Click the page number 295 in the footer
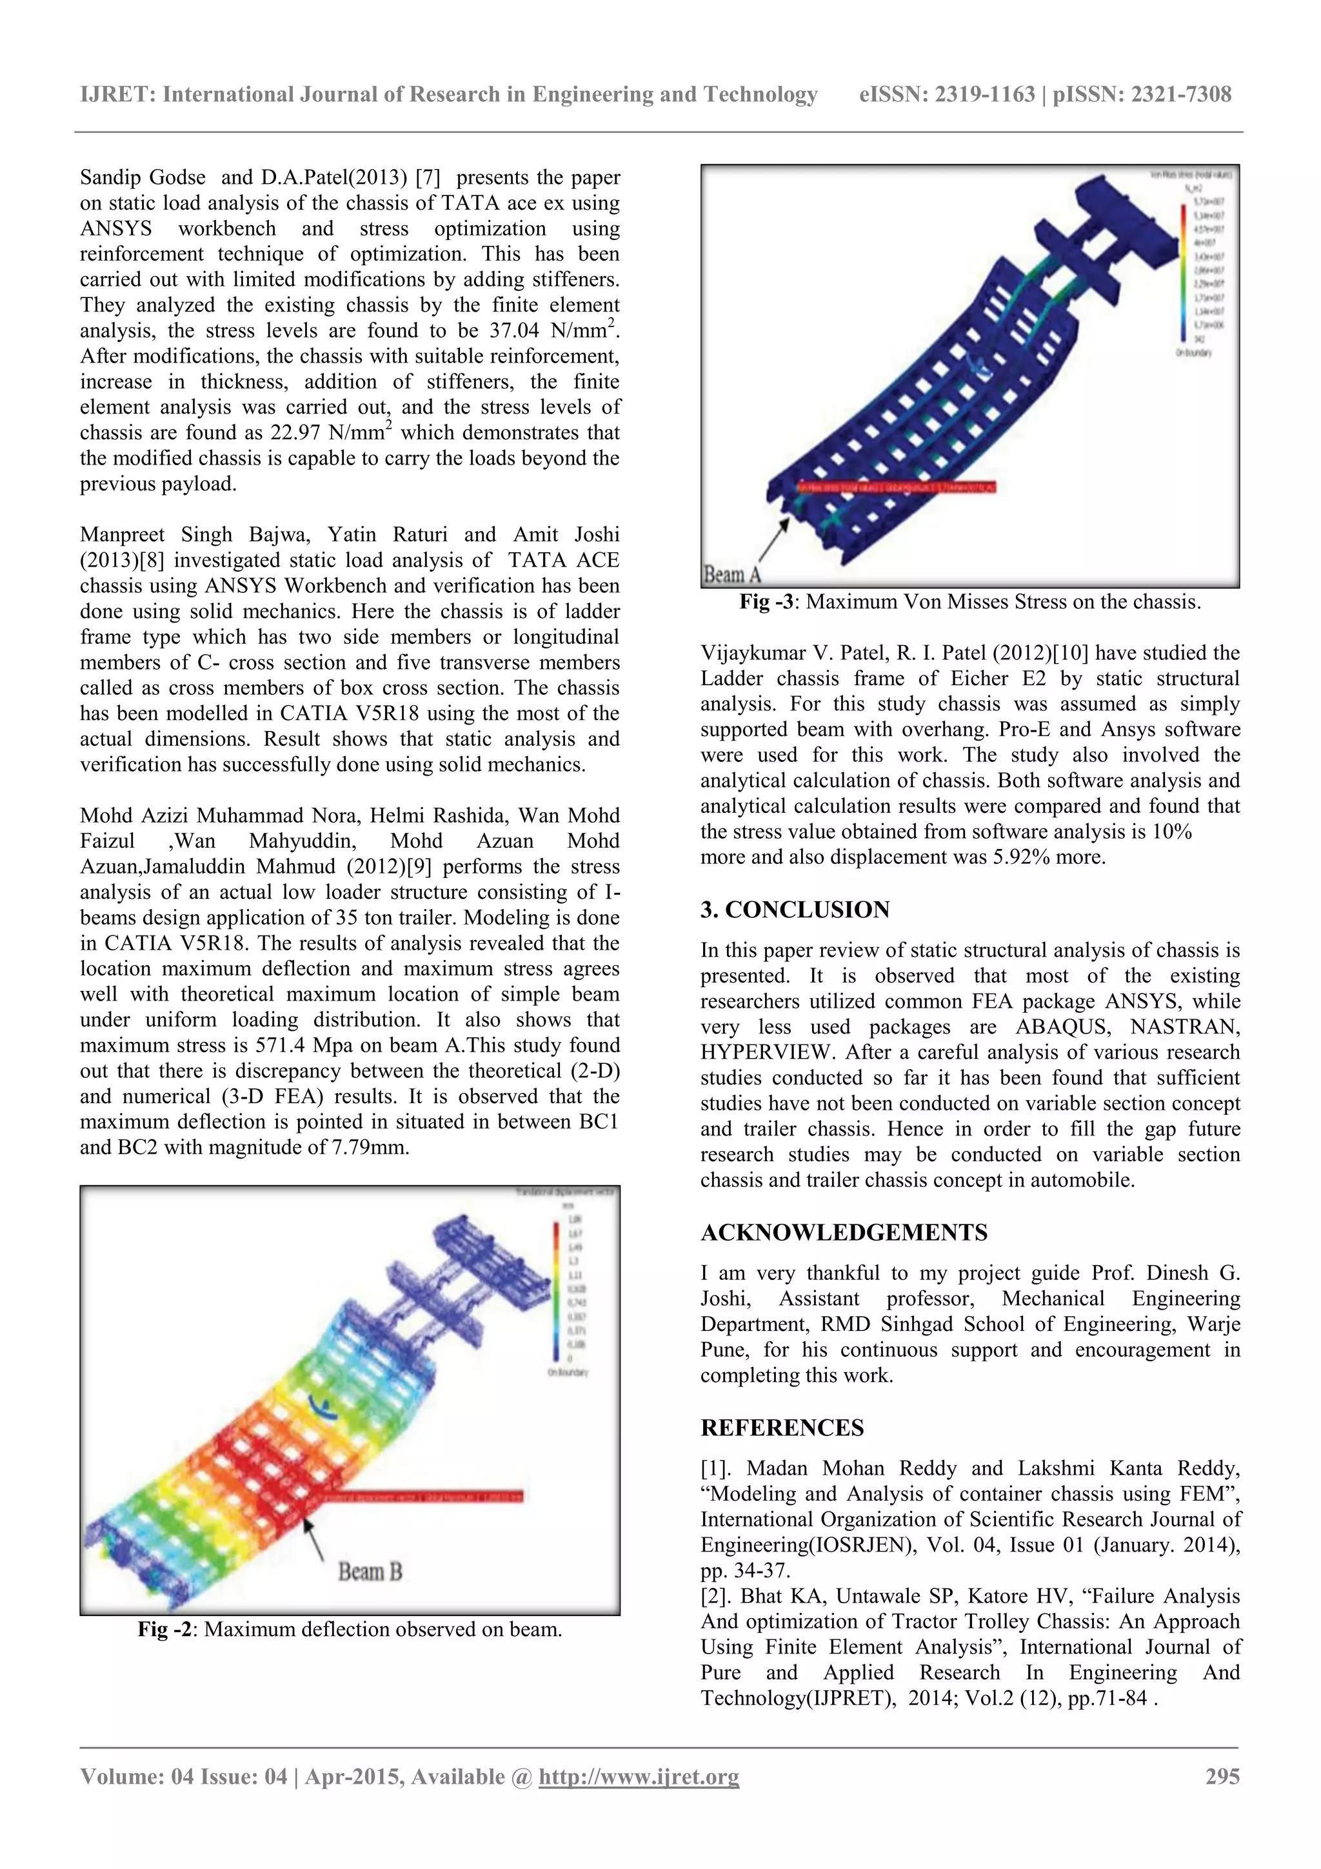(x=1222, y=1776)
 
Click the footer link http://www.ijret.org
(x=639, y=1776)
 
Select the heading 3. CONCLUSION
(x=795, y=909)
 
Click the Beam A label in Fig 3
(x=731, y=574)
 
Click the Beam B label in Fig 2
(x=370, y=1570)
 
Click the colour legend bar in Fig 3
(x=1182, y=268)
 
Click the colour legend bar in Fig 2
(x=557, y=1290)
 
